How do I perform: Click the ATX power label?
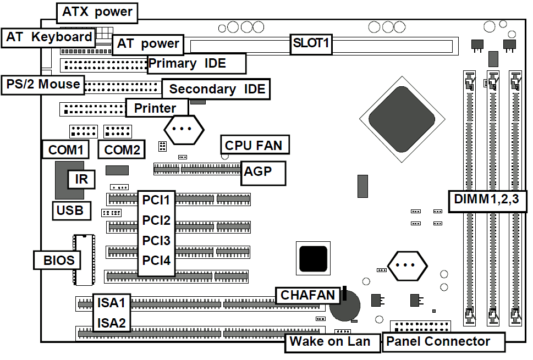pos(97,12)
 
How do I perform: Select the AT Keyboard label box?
pos(49,37)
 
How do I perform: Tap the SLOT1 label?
pos(311,44)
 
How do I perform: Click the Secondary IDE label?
pos(217,89)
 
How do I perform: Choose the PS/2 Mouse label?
pos(43,84)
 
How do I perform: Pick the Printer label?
pos(156,108)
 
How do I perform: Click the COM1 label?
pos(65,149)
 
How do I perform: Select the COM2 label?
pos(122,149)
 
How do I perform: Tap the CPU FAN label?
pos(254,145)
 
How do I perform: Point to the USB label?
pos(70,210)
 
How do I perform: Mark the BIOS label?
pos(59,259)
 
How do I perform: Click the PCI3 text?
pos(156,241)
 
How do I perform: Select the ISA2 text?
pos(112,322)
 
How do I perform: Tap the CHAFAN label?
pos(307,295)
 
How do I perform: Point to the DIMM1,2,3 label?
pos(487,200)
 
